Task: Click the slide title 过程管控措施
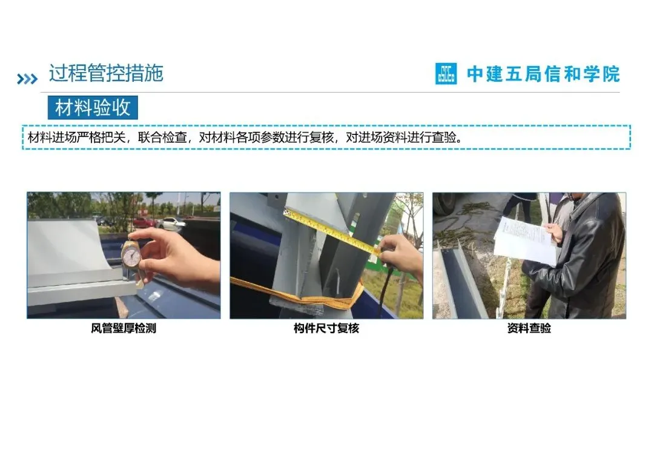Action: pos(106,73)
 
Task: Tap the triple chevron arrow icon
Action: pos(27,79)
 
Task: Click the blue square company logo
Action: pos(446,74)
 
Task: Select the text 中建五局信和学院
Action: pos(543,74)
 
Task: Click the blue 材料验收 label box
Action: pos(93,108)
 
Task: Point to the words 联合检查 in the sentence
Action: pos(162,137)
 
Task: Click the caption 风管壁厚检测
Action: pos(124,328)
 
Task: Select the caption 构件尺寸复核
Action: pos(326,328)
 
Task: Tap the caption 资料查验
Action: pos(529,328)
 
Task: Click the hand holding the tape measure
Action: pos(400,255)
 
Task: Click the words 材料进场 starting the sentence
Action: pos(52,137)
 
